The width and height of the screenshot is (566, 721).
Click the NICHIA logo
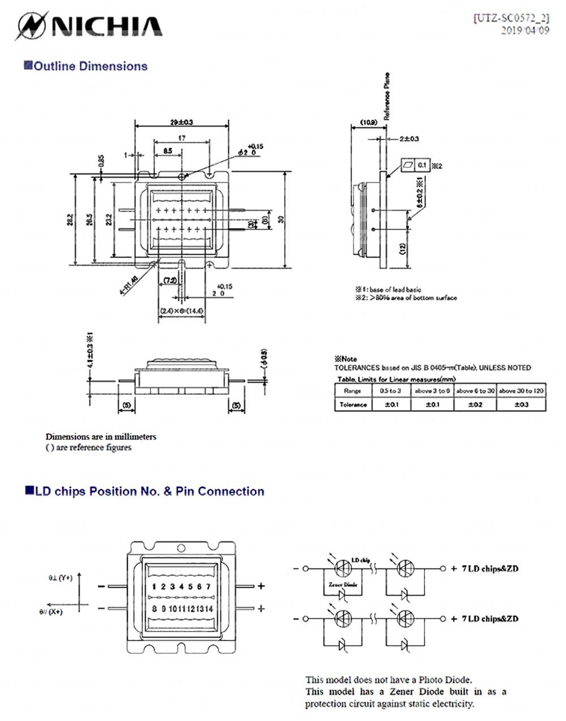89,26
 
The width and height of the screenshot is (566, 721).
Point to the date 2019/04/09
525,31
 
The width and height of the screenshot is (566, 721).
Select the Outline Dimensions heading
85,66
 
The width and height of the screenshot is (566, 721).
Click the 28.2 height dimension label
70,219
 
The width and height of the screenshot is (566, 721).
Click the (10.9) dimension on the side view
368,122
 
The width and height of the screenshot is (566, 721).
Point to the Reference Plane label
387,96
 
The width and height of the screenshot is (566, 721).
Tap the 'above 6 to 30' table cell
475,391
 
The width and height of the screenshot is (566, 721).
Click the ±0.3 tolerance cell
521,405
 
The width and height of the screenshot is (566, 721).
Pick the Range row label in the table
352,391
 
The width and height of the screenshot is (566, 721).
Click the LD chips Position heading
145,491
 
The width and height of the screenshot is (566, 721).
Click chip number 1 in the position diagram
154,587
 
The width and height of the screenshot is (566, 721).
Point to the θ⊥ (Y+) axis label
60,578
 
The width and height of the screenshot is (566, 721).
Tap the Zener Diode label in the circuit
343,584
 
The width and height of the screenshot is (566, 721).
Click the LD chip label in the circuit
361,560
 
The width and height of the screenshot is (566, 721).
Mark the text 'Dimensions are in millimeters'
101,437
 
